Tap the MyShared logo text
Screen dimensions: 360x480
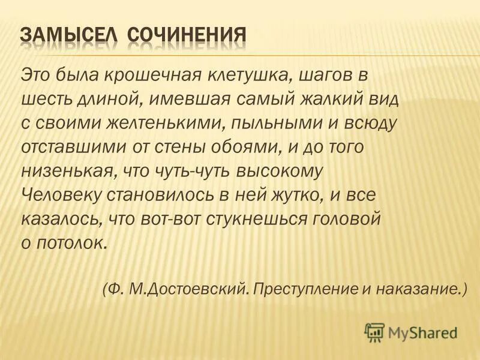point(423,332)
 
